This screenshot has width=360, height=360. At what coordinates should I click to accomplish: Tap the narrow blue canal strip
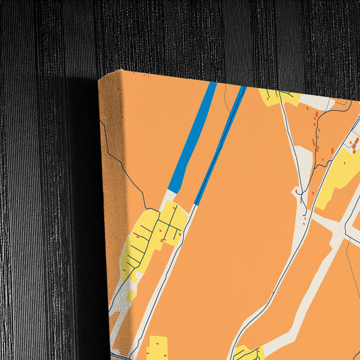pos(220,145)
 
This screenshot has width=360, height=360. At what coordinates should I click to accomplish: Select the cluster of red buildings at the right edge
pos(353,142)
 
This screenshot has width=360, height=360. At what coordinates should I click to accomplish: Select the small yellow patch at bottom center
pos(247,352)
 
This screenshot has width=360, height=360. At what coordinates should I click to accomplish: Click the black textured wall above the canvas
pos(203,34)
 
